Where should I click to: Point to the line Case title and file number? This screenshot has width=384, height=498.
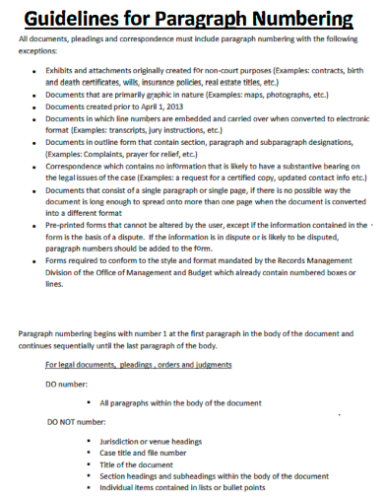tap(156, 453)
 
